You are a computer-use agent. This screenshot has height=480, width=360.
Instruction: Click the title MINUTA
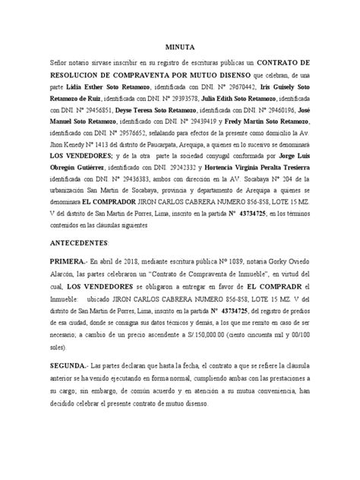(180, 47)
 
